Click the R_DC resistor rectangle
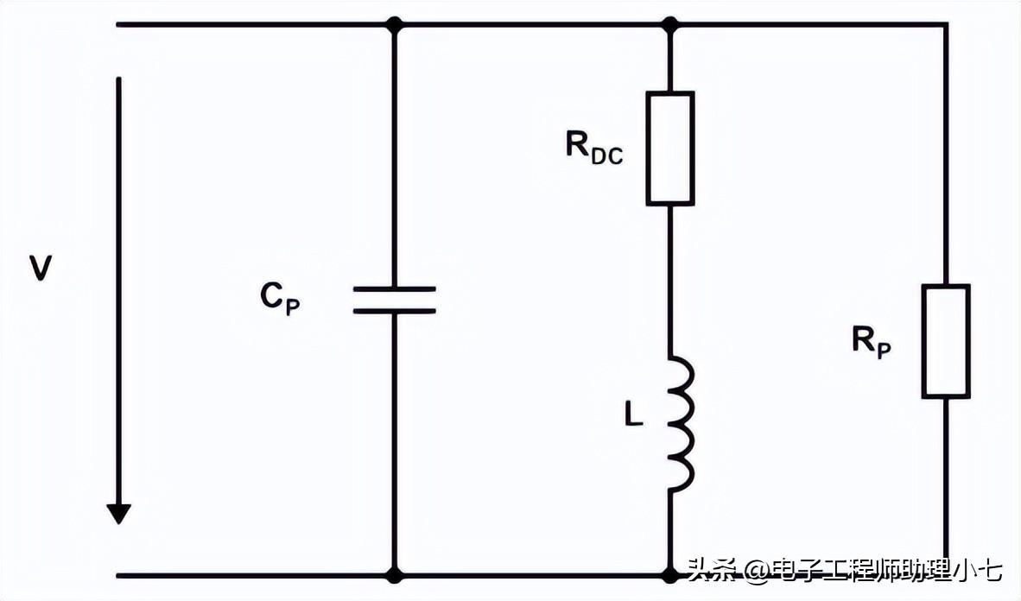[x=670, y=149]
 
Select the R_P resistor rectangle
[x=946, y=341]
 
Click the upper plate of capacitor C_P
[x=395, y=289]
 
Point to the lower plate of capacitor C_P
[x=395, y=309]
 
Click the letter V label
[x=41, y=269]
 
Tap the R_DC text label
[x=593, y=148]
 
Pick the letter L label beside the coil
[x=633, y=416]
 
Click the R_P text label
[x=871, y=343]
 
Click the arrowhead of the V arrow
[x=119, y=513]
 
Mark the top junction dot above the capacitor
[x=395, y=24]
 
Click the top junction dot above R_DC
[x=670, y=24]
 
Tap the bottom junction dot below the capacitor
[x=395, y=574]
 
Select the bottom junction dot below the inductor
[x=670, y=574]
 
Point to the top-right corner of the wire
[x=946, y=24]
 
